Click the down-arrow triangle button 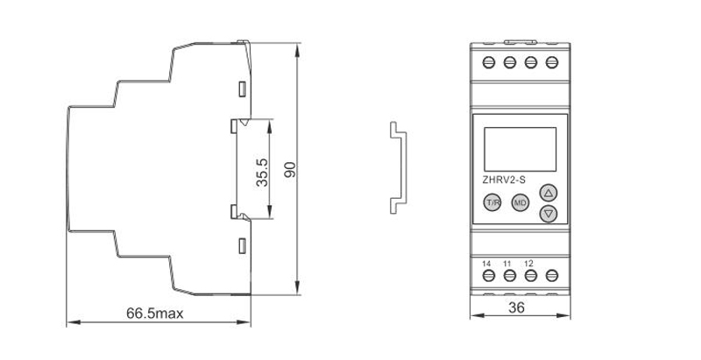pos(549,214)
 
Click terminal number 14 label pos(488,264)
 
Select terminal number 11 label pos(508,264)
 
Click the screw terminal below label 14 pos(489,276)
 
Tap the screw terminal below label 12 pos(530,276)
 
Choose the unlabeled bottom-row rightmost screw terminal pos(551,276)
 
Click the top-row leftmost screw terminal pos(489,63)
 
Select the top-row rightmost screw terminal pos(551,63)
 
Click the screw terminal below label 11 pos(509,276)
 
